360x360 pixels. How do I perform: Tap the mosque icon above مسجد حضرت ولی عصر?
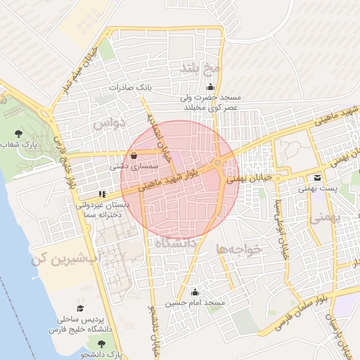[210, 86]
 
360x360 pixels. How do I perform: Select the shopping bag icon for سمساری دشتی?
[134, 156]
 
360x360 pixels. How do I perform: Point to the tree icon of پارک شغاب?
[18, 134]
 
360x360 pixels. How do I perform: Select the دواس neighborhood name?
[108, 124]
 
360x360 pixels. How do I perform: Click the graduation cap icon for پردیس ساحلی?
[80, 309]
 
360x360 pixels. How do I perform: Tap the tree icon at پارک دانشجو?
[101, 343]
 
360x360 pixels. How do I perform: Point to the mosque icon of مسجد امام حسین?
[195, 292]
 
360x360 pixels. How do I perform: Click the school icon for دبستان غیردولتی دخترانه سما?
[102, 194]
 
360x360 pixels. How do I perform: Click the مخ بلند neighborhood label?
[201, 67]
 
